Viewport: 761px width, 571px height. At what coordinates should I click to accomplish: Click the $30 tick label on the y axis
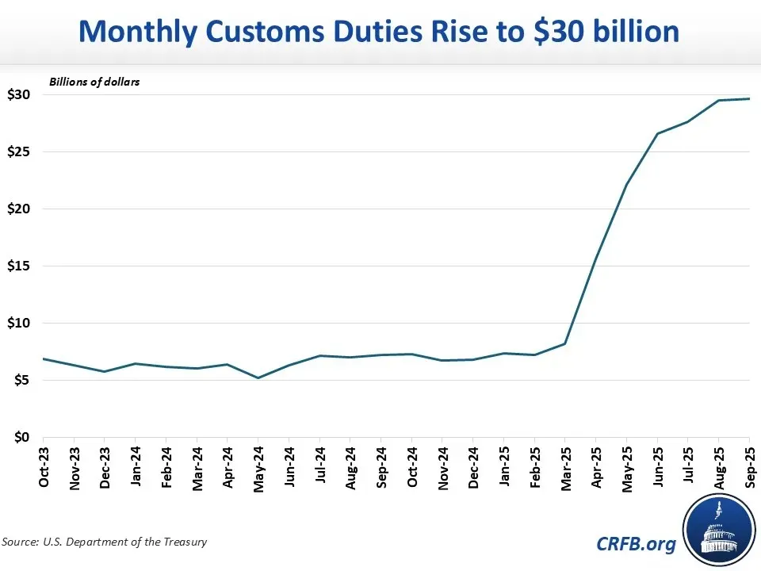point(19,94)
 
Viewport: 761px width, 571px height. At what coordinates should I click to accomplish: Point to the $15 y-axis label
point(19,266)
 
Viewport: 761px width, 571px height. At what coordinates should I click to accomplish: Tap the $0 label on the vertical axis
point(21,437)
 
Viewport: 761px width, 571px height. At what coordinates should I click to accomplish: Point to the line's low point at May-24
point(258,377)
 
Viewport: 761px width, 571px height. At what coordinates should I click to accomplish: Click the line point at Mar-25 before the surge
point(564,343)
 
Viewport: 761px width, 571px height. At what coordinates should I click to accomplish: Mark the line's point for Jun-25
point(657,133)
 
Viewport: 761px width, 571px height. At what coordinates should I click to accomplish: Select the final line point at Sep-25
point(749,98)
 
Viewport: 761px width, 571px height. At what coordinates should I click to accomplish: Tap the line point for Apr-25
point(595,259)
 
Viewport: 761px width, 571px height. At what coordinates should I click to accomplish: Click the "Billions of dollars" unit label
point(94,82)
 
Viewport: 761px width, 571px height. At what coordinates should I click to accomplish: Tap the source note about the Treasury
point(105,542)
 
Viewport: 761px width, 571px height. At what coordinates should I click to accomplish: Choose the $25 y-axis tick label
point(19,151)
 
